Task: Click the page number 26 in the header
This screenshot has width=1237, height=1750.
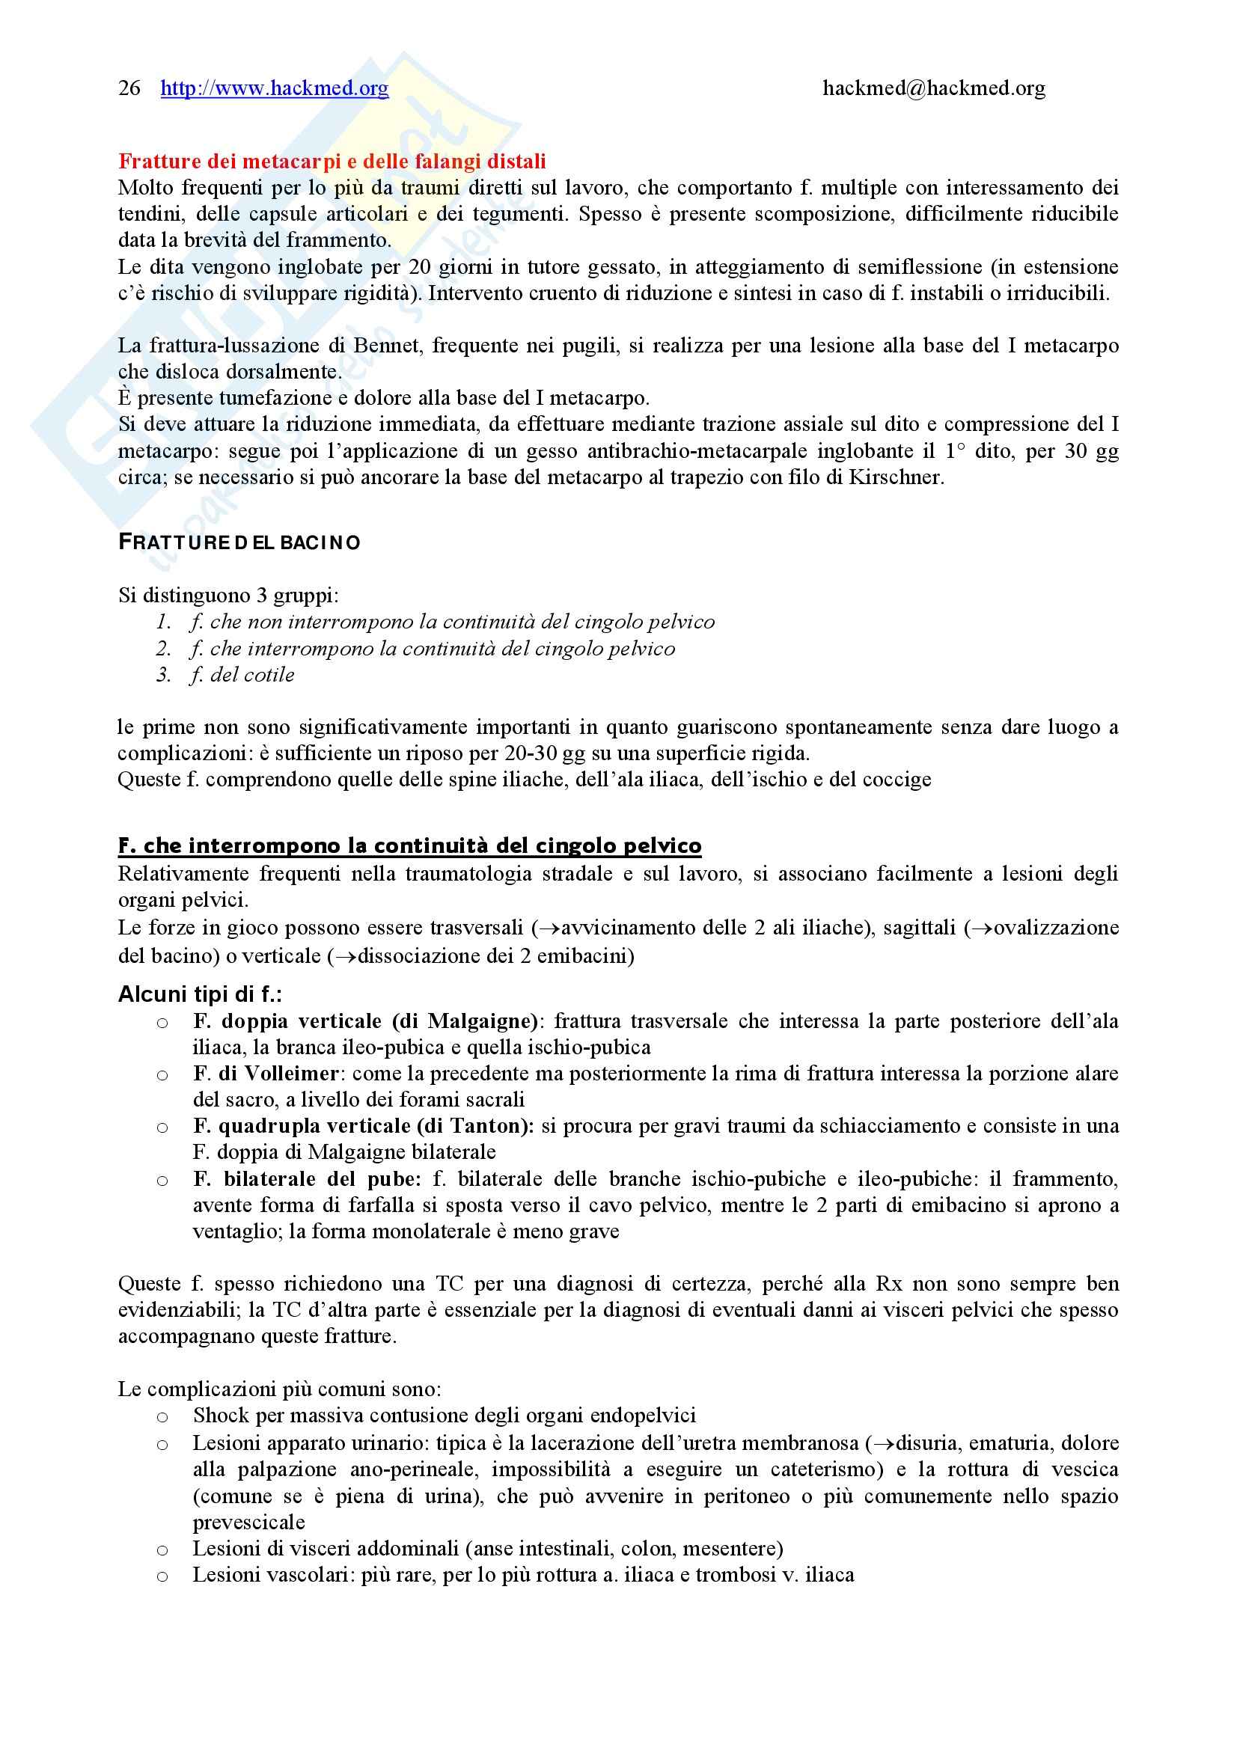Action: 129,88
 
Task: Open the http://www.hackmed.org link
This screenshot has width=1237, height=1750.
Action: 275,88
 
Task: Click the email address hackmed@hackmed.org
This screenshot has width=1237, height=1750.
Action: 934,88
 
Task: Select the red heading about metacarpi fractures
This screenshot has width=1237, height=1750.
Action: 332,162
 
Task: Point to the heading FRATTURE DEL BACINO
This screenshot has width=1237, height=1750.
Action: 239,542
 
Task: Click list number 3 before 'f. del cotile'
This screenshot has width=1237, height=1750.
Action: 163,675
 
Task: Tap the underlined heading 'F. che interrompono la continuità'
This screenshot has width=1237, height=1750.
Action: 409,846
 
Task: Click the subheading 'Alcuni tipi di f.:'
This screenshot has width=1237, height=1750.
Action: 201,994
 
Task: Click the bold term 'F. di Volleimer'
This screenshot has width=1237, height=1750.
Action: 266,1073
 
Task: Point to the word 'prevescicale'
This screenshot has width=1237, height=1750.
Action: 248,1522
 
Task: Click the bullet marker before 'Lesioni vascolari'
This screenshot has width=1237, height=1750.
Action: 162,1577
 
